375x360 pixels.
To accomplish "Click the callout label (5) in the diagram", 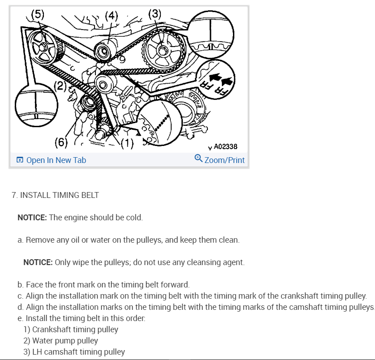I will coord(38,14).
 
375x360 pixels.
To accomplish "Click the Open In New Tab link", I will coord(56,160).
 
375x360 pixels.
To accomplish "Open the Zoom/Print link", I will coord(224,160).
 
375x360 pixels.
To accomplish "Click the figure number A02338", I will coord(225,146).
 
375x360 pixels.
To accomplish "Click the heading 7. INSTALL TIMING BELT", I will coord(55,195).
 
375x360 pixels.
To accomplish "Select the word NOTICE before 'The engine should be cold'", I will coord(32,218).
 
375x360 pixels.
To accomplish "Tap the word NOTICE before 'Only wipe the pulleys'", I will coord(38,262).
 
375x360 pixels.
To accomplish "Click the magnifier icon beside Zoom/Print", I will coord(198,159).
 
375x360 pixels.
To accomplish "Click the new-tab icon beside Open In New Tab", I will coord(20,160).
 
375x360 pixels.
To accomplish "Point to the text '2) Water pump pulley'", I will coord(60,341).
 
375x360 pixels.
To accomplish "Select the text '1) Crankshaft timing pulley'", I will coord(71,330).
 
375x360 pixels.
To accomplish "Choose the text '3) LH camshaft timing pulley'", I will coord(74,352).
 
